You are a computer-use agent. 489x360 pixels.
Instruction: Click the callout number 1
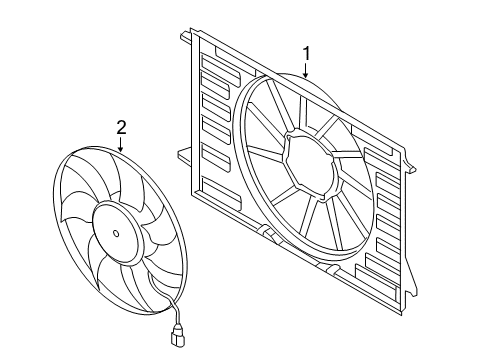(x=306, y=54)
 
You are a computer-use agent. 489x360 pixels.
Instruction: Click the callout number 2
(x=121, y=127)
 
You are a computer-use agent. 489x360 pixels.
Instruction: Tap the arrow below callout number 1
(x=306, y=70)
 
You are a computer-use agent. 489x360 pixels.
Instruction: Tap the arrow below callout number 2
(x=121, y=144)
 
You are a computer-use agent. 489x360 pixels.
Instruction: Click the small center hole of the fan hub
(x=116, y=233)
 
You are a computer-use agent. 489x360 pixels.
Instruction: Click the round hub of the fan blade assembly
(x=117, y=233)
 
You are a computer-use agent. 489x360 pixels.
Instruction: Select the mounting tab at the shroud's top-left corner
(x=186, y=36)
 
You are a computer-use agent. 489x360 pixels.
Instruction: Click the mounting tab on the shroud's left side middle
(x=184, y=155)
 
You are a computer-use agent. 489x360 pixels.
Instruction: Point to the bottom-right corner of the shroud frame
(x=401, y=315)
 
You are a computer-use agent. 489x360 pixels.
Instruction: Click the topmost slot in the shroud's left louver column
(x=220, y=69)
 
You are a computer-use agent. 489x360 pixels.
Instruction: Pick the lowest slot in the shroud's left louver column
(x=221, y=191)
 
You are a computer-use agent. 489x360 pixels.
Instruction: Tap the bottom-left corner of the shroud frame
(x=192, y=193)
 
